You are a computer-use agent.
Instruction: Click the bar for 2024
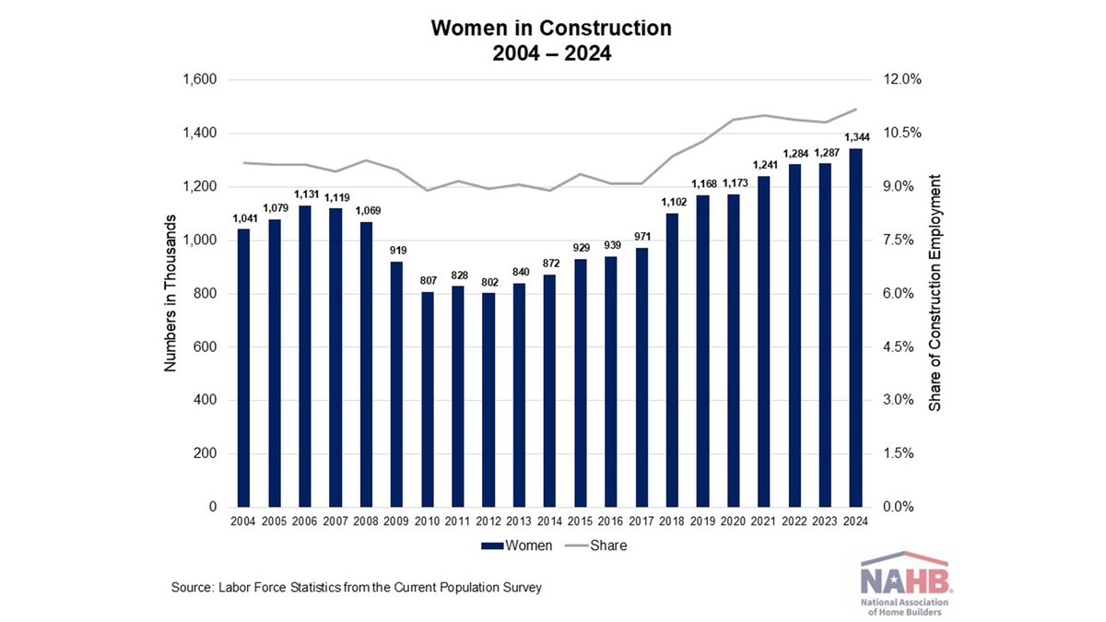(x=856, y=328)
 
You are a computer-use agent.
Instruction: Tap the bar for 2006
(x=304, y=357)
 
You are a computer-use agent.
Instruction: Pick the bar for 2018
(x=672, y=360)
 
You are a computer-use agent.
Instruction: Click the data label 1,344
(x=856, y=138)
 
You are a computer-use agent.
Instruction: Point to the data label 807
(x=427, y=281)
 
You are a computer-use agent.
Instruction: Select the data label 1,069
(x=366, y=211)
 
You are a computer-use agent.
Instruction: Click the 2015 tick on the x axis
(x=581, y=522)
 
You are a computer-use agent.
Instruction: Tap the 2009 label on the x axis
(x=396, y=522)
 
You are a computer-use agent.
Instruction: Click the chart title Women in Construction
(x=552, y=29)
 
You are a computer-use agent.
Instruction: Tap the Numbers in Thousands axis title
(x=171, y=293)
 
